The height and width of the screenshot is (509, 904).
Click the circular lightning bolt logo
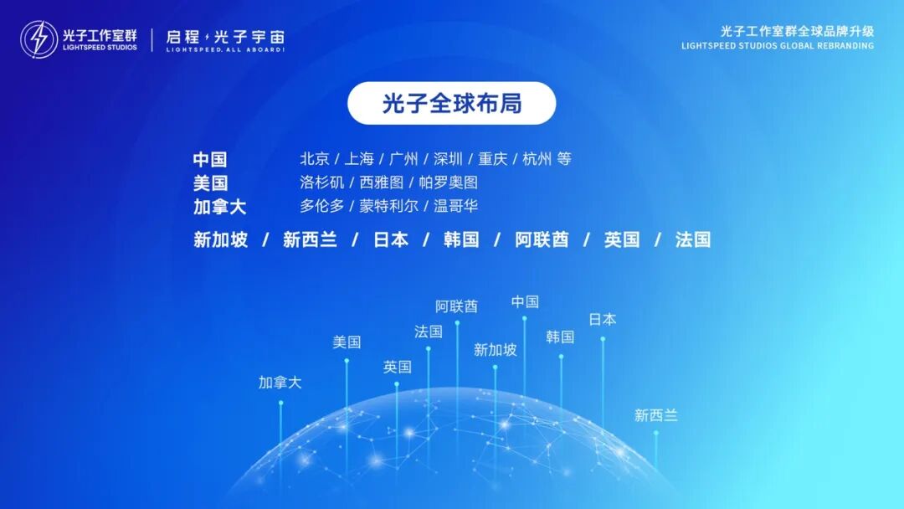coord(39,39)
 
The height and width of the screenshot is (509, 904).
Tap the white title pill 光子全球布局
coord(452,104)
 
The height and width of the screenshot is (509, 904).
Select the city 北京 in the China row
coord(314,159)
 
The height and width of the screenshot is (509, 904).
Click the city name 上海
coord(358,159)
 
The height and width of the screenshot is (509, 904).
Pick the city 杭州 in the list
coord(537,159)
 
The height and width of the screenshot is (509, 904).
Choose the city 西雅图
coord(382,183)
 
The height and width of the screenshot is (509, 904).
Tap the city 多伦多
coord(322,206)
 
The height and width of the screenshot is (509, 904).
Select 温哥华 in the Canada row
coord(455,206)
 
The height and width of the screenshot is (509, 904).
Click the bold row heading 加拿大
coord(219,207)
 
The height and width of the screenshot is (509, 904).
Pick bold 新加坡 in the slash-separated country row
coord(220,240)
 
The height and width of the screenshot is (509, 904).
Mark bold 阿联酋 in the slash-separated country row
coord(542,240)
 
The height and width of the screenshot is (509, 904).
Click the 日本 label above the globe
coord(603,319)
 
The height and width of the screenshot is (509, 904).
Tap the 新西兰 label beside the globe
coord(655,415)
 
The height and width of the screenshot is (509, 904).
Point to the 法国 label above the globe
coord(428,332)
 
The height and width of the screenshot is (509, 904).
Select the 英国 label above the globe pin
coord(398,367)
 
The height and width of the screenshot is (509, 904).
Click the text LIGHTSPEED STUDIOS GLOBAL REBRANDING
coord(778,46)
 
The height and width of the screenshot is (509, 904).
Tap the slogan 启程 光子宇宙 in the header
coord(225,38)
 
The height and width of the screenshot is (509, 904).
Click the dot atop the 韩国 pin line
coord(561,357)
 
